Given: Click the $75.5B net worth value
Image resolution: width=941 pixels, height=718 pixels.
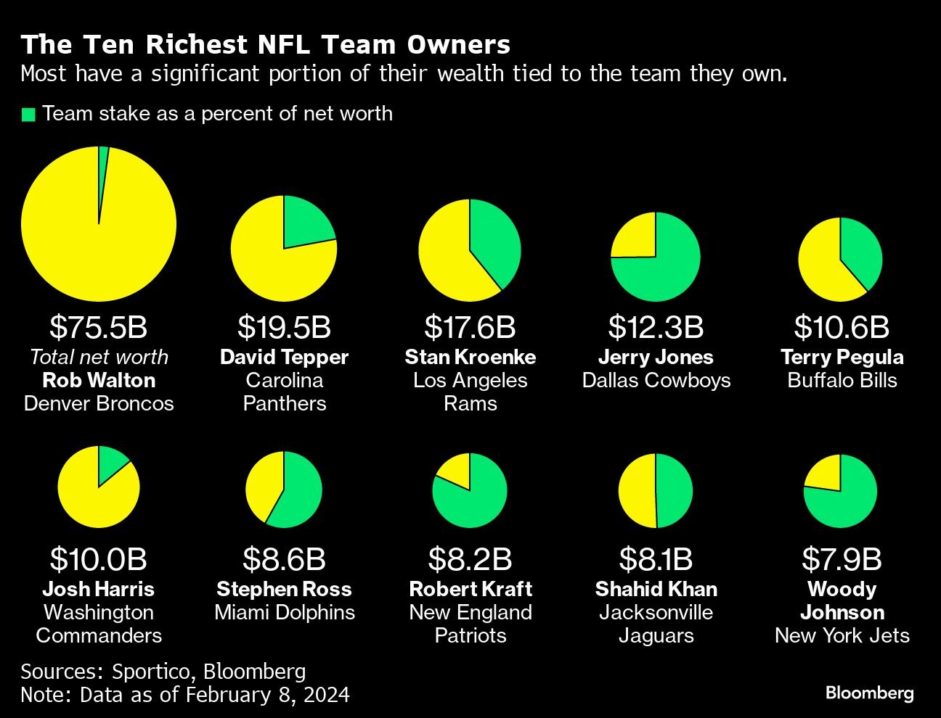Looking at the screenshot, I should tap(99, 327).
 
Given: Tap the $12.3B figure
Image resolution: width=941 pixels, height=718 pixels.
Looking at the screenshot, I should tap(656, 327).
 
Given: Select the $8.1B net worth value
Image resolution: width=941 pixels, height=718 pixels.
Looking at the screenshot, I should tap(656, 559).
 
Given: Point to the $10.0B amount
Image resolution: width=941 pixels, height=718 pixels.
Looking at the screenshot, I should tap(99, 559).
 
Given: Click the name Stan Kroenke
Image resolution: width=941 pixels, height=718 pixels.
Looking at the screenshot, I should tap(470, 357).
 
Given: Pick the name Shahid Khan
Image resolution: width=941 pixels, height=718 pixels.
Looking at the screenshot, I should tap(656, 589).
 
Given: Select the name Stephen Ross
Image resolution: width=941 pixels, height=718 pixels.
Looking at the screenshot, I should tap(284, 589).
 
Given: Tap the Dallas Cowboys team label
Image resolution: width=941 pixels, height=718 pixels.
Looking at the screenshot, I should tap(656, 380).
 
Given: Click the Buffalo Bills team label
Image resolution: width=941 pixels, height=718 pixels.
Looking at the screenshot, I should tap(842, 380).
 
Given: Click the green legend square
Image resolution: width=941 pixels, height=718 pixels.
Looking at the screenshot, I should tap(28, 115).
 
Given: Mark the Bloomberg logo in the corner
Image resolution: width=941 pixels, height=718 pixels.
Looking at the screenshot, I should tap(869, 693).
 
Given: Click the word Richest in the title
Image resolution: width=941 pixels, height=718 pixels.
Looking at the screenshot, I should tap(197, 45).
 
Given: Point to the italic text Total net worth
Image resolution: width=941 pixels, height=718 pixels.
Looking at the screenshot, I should tap(99, 357).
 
